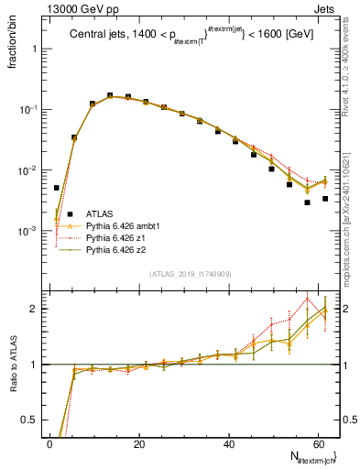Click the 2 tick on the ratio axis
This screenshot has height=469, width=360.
point(35,309)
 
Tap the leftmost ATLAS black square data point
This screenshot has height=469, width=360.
point(57,188)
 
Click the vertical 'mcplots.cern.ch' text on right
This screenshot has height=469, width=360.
point(352,220)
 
